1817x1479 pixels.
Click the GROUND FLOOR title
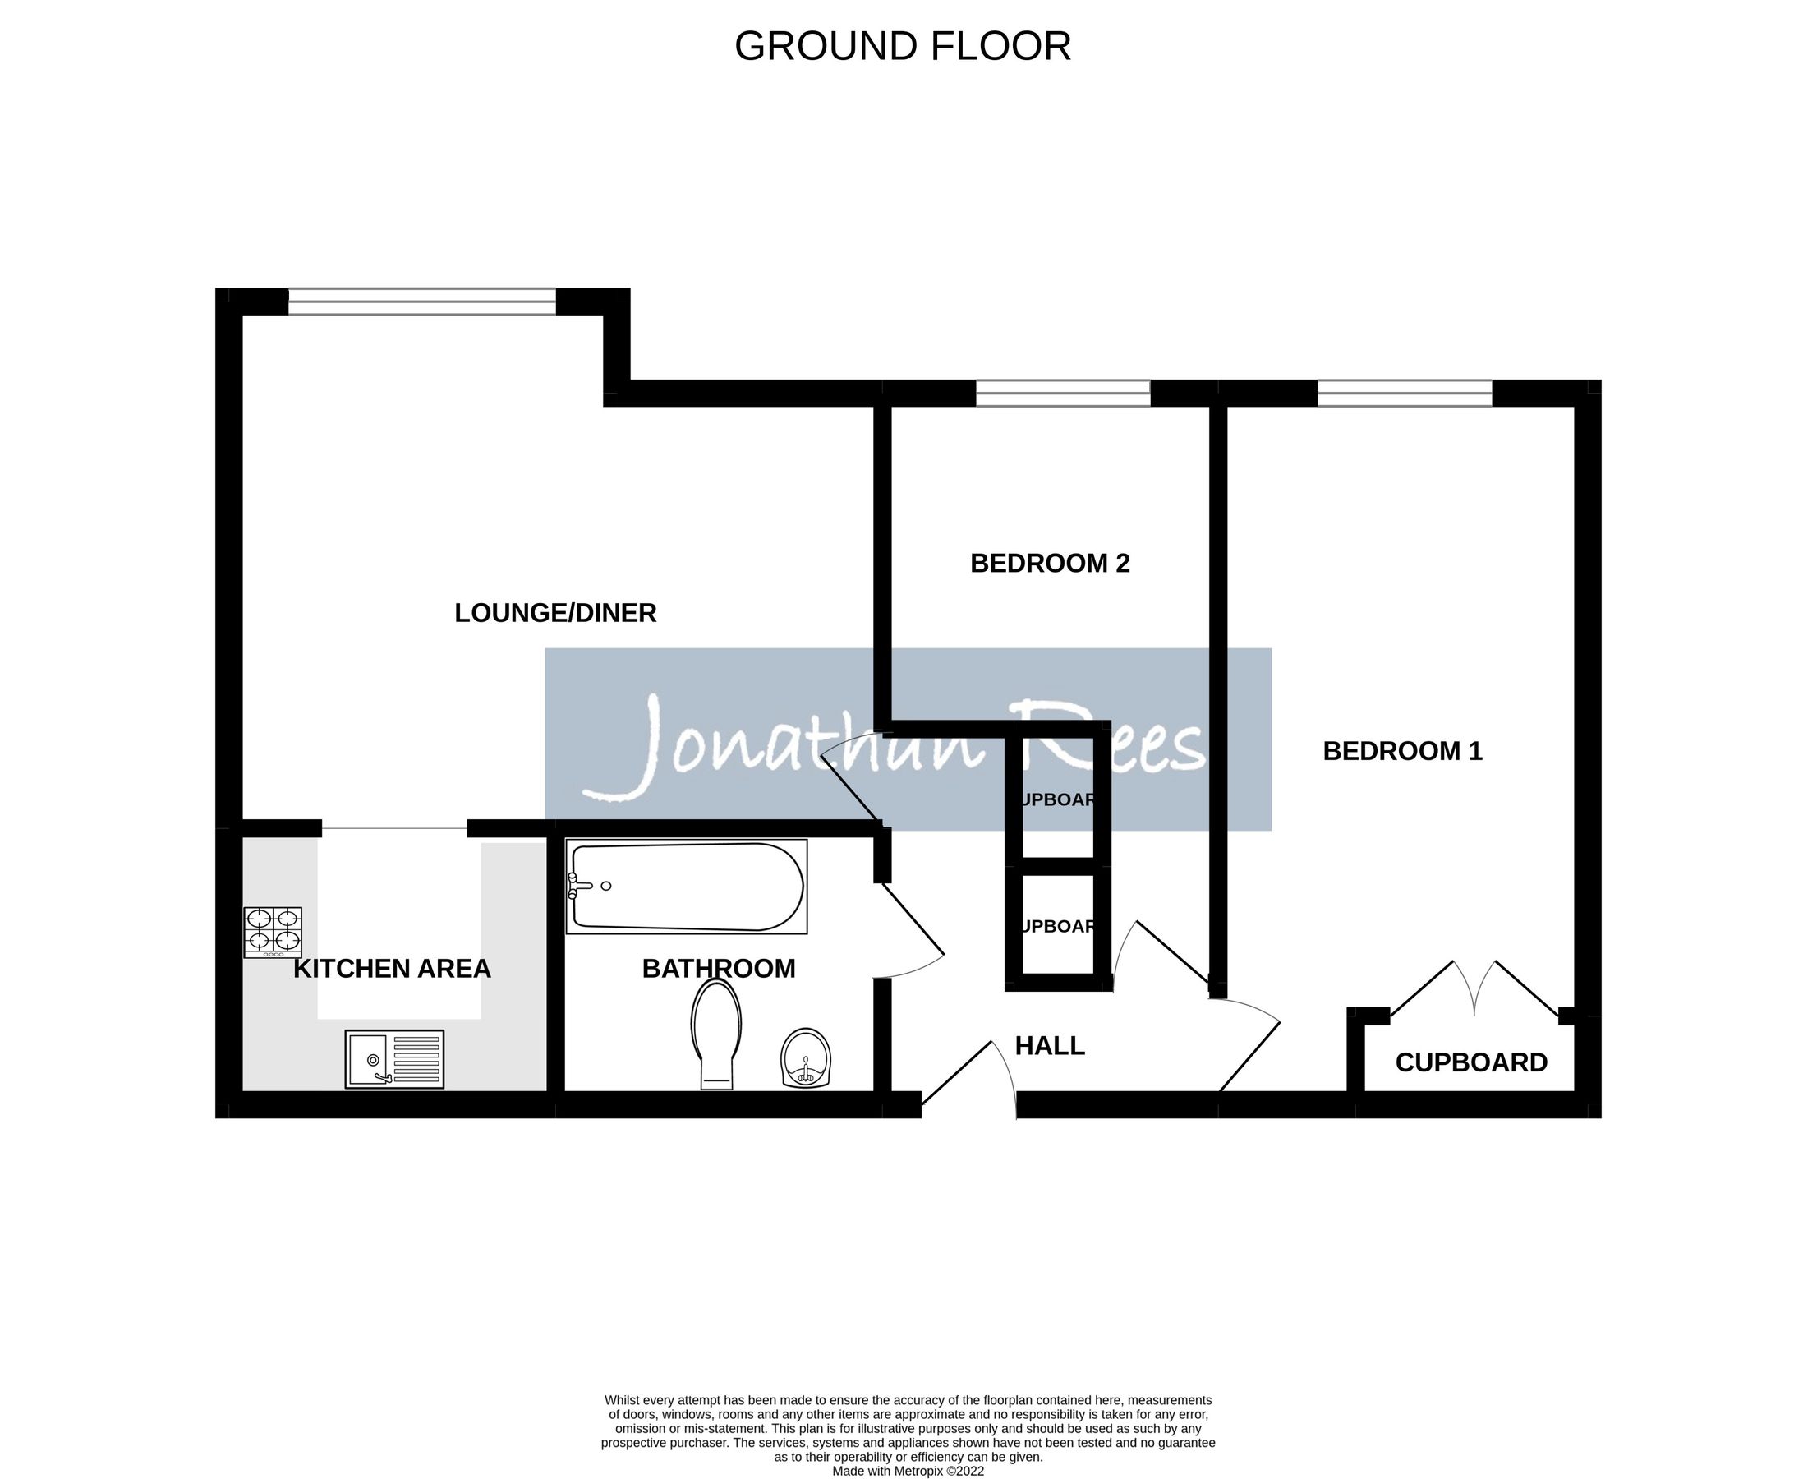pos(902,46)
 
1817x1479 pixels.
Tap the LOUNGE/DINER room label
pos(555,613)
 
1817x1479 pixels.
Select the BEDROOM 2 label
pos(1050,563)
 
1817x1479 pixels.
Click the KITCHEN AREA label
pos(392,969)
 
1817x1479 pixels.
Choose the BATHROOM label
pos(718,969)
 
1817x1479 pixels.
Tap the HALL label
pos(1050,1045)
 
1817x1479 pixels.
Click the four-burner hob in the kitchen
pos(273,932)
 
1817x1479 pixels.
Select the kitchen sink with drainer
pos(394,1059)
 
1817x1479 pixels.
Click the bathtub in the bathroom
pos(687,886)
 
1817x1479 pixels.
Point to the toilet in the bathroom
pos(716,1031)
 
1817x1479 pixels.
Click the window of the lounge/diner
pos(421,302)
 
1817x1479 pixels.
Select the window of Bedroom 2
pos(1062,393)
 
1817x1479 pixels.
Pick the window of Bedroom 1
pos(1405,393)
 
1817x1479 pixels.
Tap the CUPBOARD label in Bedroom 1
pos(1471,1062)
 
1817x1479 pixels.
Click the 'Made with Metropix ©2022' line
pos(908,1471)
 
